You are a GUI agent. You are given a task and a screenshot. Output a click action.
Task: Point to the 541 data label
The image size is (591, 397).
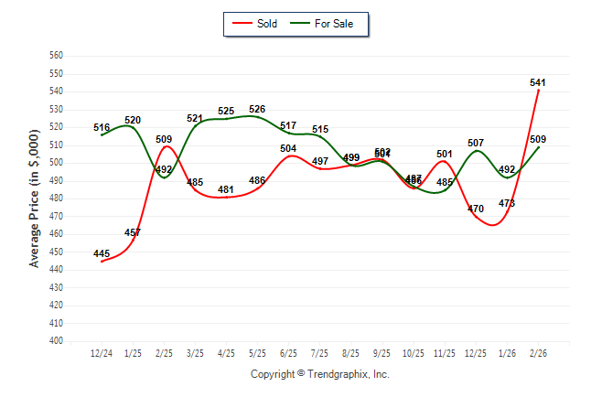538,82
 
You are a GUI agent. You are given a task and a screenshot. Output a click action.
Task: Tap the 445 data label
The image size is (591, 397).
102,253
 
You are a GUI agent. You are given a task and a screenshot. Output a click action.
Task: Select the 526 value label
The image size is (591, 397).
257,110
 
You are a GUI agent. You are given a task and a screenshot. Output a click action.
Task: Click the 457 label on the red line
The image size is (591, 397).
133,232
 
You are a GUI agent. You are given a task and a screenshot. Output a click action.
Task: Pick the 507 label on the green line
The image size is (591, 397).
476,144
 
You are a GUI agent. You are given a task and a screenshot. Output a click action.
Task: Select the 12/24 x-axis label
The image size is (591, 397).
102,353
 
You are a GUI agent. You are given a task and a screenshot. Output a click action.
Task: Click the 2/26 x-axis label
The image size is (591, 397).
538,353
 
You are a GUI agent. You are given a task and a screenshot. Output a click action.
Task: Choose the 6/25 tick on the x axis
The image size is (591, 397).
288,353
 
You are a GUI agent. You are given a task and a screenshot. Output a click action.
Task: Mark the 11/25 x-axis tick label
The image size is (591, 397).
445,353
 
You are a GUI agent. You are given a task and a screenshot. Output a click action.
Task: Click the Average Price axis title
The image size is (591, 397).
35,198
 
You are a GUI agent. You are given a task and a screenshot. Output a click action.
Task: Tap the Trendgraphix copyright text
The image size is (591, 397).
319,374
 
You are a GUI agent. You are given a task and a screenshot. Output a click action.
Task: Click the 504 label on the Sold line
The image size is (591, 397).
288,148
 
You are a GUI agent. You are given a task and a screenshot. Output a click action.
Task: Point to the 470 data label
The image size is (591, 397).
476,209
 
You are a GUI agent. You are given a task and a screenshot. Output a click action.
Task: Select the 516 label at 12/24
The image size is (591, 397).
102,127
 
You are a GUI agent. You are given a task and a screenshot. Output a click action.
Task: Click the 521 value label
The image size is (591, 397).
195,119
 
